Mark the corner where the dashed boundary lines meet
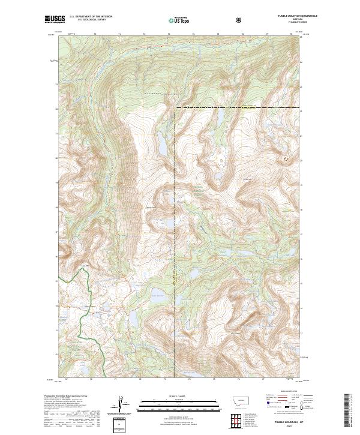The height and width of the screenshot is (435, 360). (x=175, y=108)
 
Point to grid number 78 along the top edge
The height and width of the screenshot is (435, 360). (x=290, y=35)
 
